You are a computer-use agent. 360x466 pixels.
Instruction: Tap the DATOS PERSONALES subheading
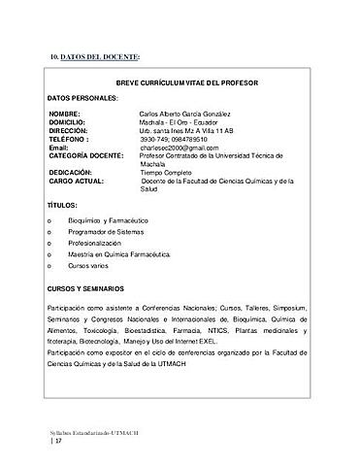[x=82, y=99]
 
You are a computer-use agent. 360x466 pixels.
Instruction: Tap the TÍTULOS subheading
[x=62, y=208]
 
